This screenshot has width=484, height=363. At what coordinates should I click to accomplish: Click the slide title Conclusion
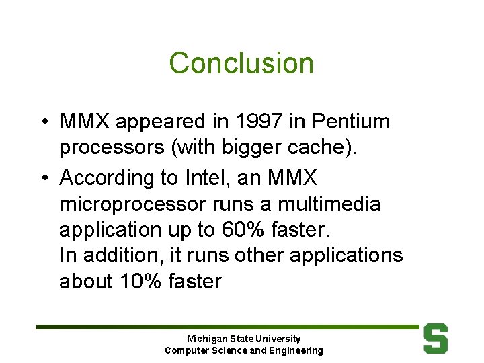241,63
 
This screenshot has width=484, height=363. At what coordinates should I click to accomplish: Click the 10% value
139,281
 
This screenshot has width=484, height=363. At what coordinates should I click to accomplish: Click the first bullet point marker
42,122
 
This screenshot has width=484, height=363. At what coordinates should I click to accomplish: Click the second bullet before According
42,179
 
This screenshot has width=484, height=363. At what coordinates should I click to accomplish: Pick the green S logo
436,338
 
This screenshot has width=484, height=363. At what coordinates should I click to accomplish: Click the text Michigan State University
243,339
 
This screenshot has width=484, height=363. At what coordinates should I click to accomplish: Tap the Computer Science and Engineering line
243,350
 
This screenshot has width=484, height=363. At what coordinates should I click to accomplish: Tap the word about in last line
86,281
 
